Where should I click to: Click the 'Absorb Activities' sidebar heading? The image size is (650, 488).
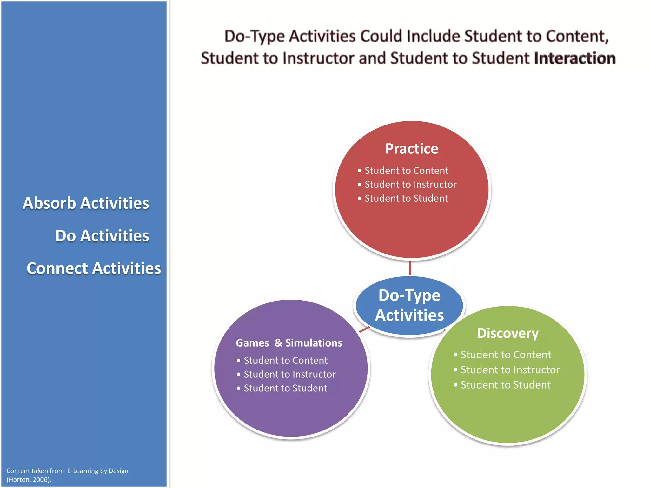[x=86, y=203]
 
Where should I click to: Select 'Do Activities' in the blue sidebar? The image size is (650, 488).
[x=102, y=236]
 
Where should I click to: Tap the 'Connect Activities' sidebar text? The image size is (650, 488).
[x=94, y=268]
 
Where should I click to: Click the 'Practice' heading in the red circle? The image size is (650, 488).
[x=412, y=149]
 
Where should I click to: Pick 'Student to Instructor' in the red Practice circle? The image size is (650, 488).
[x=410, y=185]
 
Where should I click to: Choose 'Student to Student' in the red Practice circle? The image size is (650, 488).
[x=406, y=199]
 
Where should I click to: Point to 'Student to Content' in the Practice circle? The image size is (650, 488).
[x=406, y=171]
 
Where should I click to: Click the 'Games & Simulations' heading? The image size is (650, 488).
[x=289, y=343]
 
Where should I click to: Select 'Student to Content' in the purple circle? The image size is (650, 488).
[x=285, y=361]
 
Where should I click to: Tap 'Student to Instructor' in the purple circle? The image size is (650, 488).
[x=289, y=375]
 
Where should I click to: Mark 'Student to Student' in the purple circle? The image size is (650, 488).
[x=285, y=388]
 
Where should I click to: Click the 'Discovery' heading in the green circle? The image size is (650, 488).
[x=508, y=333]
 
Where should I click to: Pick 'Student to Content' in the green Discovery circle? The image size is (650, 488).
[x=506, y=355]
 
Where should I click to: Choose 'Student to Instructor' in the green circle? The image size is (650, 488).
[x=510, y=370]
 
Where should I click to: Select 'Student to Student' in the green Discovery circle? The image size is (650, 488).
[x=505, y=385]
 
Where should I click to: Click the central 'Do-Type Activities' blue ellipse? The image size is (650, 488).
[x=409, y=305]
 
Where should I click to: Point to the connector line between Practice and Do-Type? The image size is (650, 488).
[x=410, y=268]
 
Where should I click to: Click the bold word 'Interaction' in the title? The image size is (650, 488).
[x=574, y=58]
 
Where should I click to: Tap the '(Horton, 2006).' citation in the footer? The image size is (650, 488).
[x=29, y=480]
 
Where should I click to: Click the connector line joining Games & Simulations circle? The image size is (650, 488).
[x=364, y=329]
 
